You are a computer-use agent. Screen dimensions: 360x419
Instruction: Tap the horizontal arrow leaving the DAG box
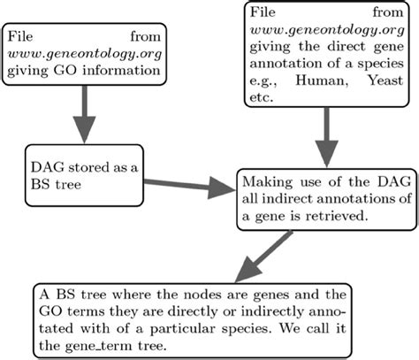pos(186,185)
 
